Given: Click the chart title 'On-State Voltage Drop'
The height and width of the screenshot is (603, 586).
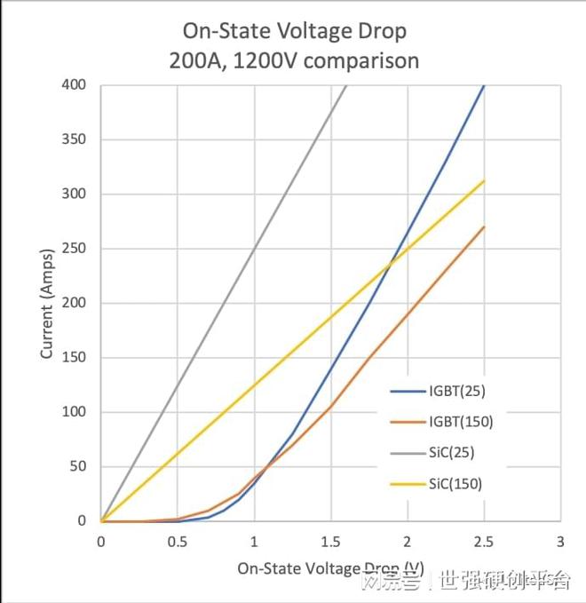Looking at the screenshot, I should [294, 31].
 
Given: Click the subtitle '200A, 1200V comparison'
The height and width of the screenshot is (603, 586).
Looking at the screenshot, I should [294, 60].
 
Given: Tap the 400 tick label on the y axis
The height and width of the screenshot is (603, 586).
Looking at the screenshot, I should [75, 85].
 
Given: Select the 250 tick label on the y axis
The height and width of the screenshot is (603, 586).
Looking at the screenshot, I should [75, 249].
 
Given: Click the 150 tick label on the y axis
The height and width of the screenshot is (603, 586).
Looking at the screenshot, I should [75, 358].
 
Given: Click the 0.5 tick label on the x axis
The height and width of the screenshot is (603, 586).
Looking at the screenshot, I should [178, 542].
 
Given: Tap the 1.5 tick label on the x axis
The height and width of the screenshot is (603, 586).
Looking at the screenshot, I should [330, 542].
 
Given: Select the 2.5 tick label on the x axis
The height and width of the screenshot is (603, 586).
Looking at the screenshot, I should [484, 542].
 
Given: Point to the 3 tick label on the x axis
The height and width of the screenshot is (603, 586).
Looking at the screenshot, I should [560, 542].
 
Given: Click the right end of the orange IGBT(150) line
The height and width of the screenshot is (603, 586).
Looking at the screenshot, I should [484, 226].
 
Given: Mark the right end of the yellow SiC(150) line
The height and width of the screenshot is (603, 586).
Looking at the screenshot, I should [484, 180].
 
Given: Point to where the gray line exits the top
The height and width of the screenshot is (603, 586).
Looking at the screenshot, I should [345, 85].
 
